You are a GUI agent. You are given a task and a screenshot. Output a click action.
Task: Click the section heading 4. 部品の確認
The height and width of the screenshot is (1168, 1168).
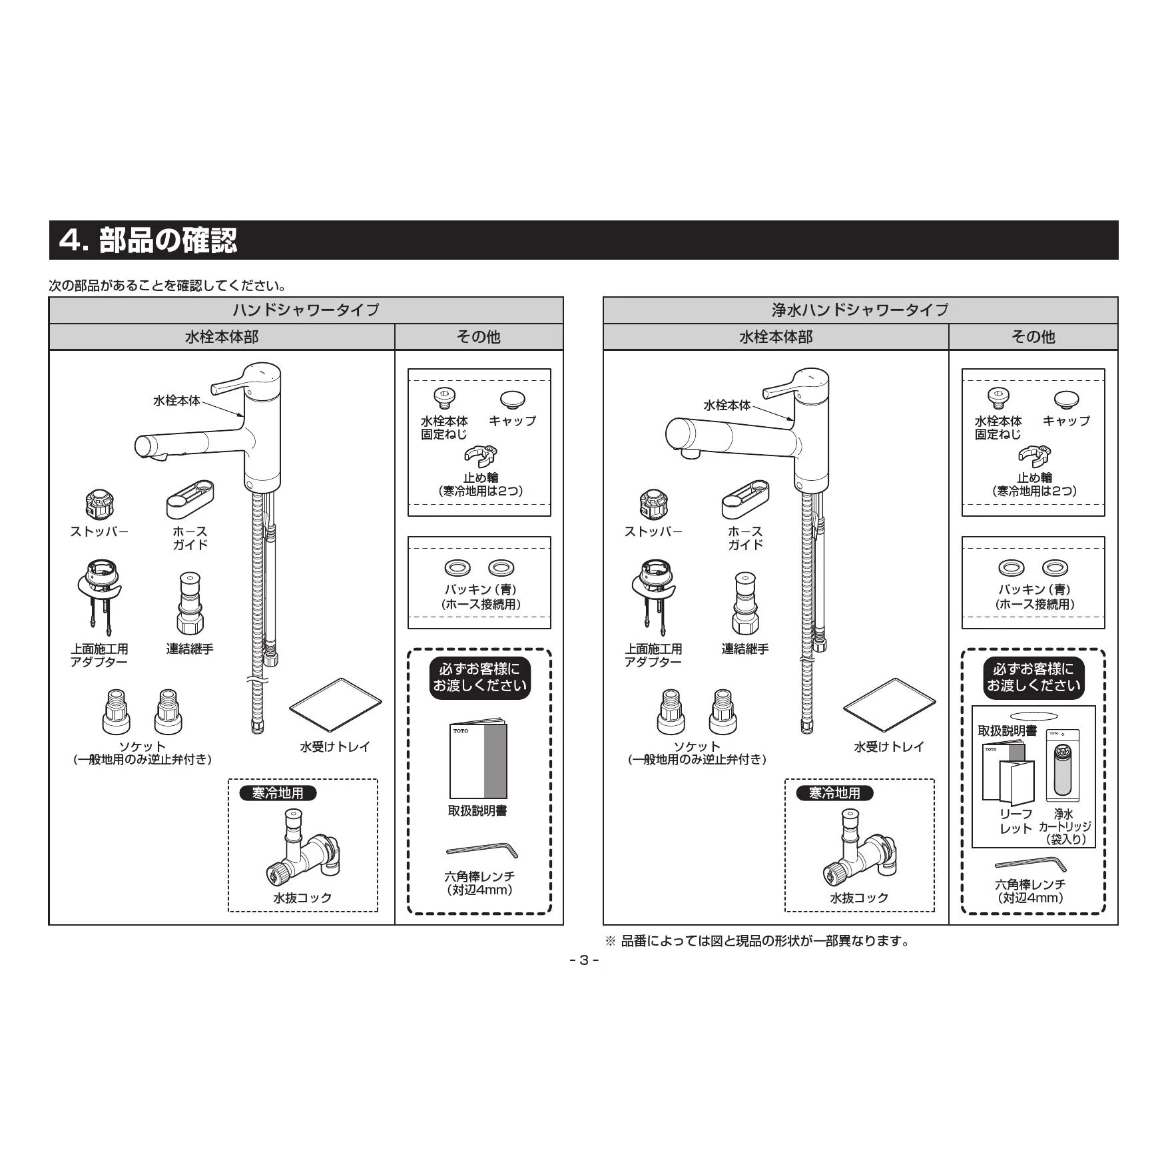tap(148, 240)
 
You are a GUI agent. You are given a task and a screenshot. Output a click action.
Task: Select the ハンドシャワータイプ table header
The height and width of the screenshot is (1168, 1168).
tap(306, 310)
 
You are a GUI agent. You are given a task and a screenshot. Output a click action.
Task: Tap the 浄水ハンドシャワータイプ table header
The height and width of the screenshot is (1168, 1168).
tap(860, 310)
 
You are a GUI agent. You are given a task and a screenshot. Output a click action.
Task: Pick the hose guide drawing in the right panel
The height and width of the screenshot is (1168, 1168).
tap(744, 499)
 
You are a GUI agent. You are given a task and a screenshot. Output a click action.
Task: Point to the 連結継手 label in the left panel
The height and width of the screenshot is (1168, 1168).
tap(190, 649)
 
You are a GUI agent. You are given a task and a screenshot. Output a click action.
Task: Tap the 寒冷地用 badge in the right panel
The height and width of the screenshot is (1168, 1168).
tap(834, 793)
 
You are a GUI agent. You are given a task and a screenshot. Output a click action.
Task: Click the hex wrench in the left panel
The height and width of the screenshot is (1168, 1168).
tap(481, 850)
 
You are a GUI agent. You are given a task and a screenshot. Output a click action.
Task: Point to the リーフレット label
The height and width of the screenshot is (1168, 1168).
tap(1016, 821)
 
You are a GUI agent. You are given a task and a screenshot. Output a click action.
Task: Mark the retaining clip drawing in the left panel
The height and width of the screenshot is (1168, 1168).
tap(481, 457)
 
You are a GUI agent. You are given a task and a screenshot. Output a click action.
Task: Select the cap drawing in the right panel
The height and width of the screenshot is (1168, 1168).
tap(1066, 400)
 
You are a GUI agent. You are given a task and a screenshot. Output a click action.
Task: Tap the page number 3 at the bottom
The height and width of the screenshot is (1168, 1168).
tap(584, 960)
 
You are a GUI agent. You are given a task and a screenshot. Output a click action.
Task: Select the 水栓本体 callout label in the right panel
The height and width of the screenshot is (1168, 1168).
tap(727, 405)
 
